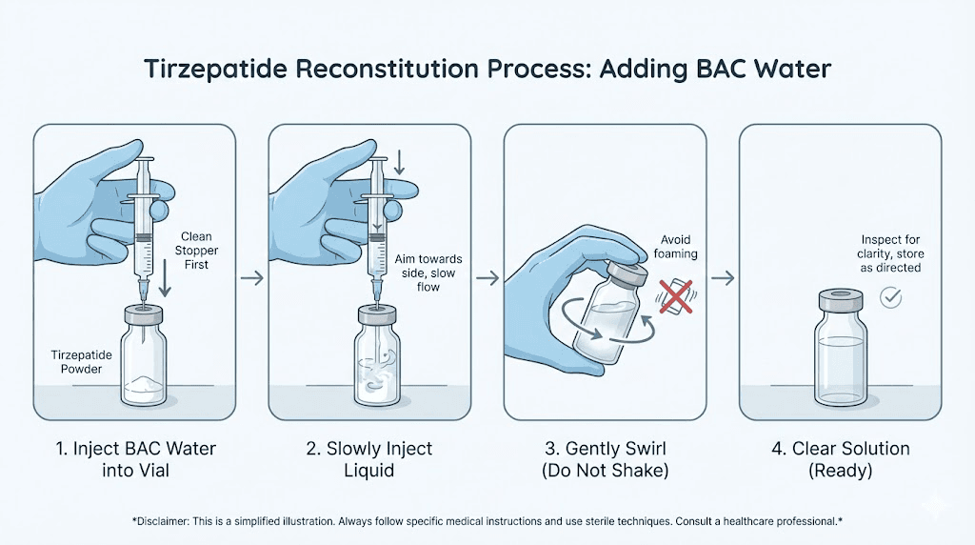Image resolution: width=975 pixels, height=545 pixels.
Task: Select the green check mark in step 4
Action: pyautogui.click(x=891, y=298)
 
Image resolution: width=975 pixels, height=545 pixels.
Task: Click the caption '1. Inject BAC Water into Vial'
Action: pyautogui.click(x=133, y=457)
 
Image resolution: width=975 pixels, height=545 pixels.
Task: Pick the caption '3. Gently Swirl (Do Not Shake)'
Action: pyautogui.click(x=605, y=457)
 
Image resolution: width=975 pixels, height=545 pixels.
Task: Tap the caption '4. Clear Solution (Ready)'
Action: pyautogui.click(x=841, y=457)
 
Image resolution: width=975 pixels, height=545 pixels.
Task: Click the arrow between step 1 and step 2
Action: pyautogui.click(x=251, y=277)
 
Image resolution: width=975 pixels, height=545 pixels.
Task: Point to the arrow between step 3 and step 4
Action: pyautogui.click(x=723, y=277)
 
